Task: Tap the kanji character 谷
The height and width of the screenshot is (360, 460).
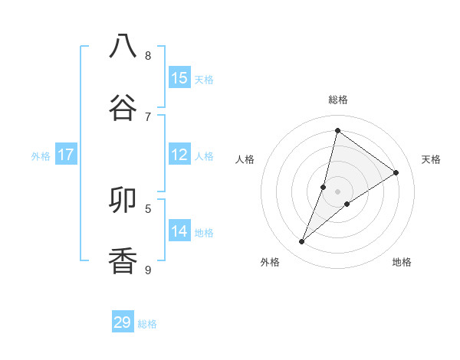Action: click(x=123, y=106)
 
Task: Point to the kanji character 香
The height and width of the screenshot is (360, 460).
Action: click(x=123, y=261)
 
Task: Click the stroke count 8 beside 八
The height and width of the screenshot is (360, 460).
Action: click(x=148, y=56)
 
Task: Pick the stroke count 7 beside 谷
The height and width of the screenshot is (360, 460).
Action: click(x=148, y=116)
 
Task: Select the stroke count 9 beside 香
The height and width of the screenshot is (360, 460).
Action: click(x=148, y=270)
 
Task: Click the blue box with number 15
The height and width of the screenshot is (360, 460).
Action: click(x=179, y=78)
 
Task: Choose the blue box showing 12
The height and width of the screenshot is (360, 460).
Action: click(x=179, y=155)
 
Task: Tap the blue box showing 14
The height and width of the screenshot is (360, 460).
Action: click(x=179, y=231)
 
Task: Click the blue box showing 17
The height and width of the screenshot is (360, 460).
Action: click(x=66, y=155)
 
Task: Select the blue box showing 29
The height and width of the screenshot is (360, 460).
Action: click(x=123, y=322)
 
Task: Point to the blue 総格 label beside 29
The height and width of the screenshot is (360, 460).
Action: click(x=148, y=324)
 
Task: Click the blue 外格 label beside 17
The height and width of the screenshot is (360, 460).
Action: click(x=41, y=156)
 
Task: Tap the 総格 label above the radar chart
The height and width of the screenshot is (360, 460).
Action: click(x=337, y=100)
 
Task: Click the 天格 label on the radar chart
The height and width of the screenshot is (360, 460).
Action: click(x=431, y=159)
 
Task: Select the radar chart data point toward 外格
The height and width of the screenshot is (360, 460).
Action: click(x=302, y=242)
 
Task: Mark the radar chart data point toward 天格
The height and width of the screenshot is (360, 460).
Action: click(x=396, y=172)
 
